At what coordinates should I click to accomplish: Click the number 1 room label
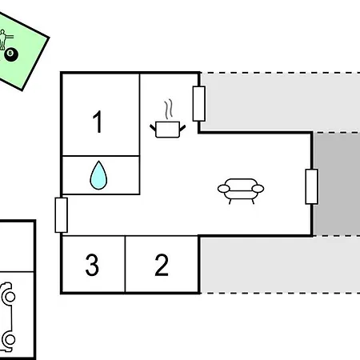coord(98,122)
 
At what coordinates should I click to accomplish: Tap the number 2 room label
coord(162,265)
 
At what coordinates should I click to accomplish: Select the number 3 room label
coord(92,265)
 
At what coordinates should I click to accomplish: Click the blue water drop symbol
coord(98,175)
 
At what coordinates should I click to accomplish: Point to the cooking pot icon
coord(167,130)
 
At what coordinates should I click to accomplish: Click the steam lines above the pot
coord(168,109)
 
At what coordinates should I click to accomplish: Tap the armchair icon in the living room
coord(241,191)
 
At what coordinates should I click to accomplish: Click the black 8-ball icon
coord(11,54)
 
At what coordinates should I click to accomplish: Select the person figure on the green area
coord(3,40)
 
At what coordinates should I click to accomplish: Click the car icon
coord(7,318)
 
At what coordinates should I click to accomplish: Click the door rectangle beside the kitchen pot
coord(199,104)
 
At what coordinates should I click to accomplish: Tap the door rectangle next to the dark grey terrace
coord(311,186)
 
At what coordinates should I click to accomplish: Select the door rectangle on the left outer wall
coord(62,215)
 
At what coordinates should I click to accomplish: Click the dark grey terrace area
coord(337,184)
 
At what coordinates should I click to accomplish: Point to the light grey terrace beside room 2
coord(280,265)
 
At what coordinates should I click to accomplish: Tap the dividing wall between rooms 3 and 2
coord(125,264)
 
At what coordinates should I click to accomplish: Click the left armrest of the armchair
coord(223,189)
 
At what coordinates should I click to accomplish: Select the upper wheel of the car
coord(10,297)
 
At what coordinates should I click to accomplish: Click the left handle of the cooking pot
coord(153,128)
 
